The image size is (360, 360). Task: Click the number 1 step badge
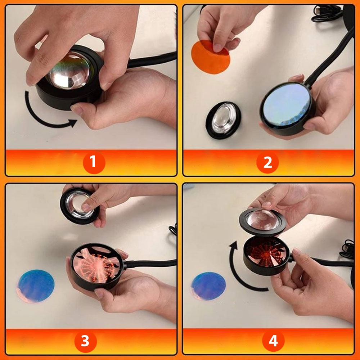[x=94, y=162]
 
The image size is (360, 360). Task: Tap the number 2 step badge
[x=267, y=162]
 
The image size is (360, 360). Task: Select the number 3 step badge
[x=85, y=341]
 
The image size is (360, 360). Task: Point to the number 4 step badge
[x=273, y=341]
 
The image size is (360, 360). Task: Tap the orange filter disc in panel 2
[x=210, y=57]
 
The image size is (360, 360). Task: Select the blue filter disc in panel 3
[x=36, y=286]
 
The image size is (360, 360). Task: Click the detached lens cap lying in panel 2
[x=223, y=120]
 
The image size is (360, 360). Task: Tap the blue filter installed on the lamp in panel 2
[x=287, y=104]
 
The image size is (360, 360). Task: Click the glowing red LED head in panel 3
[x=96, y=266]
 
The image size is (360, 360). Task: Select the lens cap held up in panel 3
[x=80, y=206]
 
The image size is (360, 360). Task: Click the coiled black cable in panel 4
[x=347, y=249]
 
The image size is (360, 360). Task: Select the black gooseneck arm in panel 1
[x=152, y=60]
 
